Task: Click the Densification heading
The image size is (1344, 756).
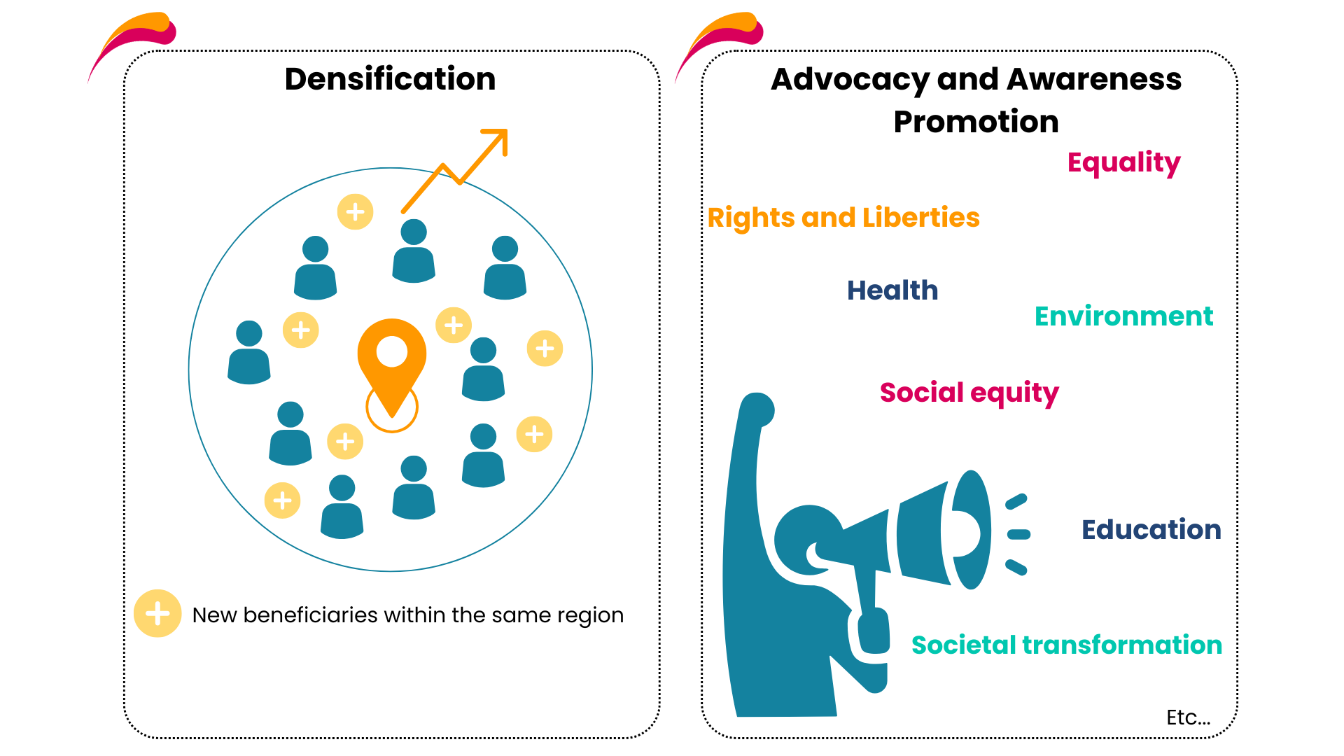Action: pyautogui.click(x=390, y=78)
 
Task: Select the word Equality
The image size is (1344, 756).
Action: pyautogui.click(x=1123, y=163)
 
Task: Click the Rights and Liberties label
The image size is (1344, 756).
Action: pyautogui.click(x=843, y=218)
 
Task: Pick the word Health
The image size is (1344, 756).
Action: pyautogui.click(x=892, y=290)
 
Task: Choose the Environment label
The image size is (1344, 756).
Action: pyautogui.click(x=1123, y=316)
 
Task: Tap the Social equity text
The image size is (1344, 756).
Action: pyautogui.click(x=969, y=393)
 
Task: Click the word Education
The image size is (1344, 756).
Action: pyautogui.click(x=1151, y=529)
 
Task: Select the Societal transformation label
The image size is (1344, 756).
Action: pyautogui.click(x=1067, y=645)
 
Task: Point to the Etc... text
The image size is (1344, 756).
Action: pyautogui.click(x=1188, y=717)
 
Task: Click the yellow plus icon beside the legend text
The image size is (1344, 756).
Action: pyautogui.click(x=157, y=613)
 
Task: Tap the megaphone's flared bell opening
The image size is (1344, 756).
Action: pyautogui.click(x=970, y=529)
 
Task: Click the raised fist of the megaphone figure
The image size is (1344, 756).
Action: pyautogui.click(x=757, y=409)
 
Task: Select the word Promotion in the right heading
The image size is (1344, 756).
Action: pyautogui.click(x=976, y=122)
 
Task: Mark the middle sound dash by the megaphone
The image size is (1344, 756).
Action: pyautogui.click(x=1018, y=535)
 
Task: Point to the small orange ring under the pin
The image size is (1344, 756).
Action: pyautogui.click(x=392, y=408)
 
